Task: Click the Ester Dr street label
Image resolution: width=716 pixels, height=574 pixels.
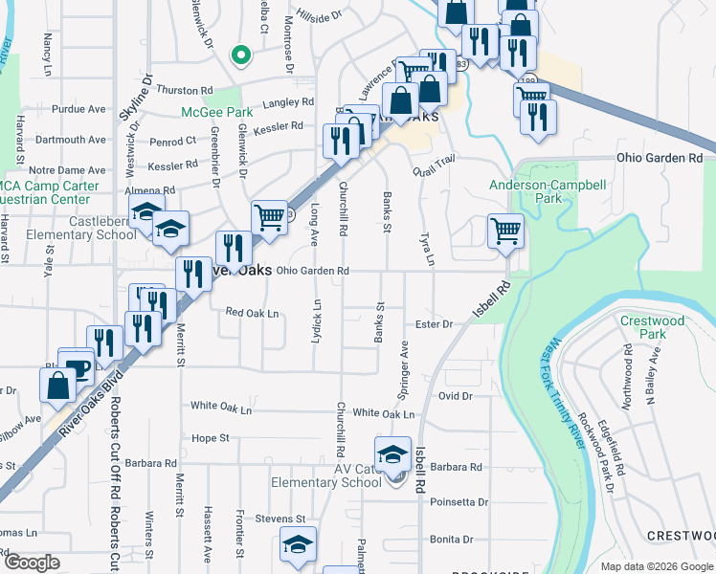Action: pyautogui.click(x=433, y=324)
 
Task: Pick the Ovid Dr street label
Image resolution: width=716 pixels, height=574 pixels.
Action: pyautogui.click(x=455, y=395)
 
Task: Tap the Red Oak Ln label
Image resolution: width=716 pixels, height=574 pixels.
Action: pyautogui.click(x=252, y=313)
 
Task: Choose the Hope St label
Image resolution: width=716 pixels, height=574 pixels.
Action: pyautogui.click(x=211, y=438)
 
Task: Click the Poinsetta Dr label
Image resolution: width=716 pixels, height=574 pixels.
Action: pyautogui.click(x=459, y=501)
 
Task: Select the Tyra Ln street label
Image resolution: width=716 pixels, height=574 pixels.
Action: pyautogui.click(x=427, y=248)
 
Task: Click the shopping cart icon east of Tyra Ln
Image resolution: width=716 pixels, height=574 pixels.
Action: pyautogui.click(x=505, y=229)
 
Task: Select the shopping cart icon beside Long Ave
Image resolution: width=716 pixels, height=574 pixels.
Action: pyautogui.click(x=270, y=216)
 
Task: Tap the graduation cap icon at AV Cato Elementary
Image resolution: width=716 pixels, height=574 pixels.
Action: pyautogui.click(x=392, y=453)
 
